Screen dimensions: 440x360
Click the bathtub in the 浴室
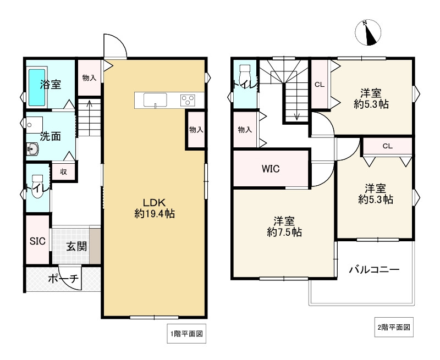[x=37, y=87]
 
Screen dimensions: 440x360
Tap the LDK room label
[x=154, y=202]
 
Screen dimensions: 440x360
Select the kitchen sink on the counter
[x=155, y=100]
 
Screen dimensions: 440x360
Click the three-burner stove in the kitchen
[x=188, y=100]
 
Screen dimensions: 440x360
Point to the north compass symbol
[x=368, y=32]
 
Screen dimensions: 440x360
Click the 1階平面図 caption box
[x=186, y=334]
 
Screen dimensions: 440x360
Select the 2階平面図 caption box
[x=394, y=327]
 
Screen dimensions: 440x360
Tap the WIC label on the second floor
[x=271, y=169]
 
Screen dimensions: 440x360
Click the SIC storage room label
[x=37, y=241]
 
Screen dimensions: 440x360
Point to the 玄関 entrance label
[x=76, y=247]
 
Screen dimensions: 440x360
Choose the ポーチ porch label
[x=63, y=279]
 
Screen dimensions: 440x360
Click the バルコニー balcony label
[x=374, y=270]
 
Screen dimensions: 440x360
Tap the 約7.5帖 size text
[x=284, y=232]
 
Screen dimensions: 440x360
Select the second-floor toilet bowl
[x=245, y=77]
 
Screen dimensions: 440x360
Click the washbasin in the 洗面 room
[x=33, y=148]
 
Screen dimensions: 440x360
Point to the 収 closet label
[x=64, y=171]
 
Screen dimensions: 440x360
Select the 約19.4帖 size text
[x=155, y=214]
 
